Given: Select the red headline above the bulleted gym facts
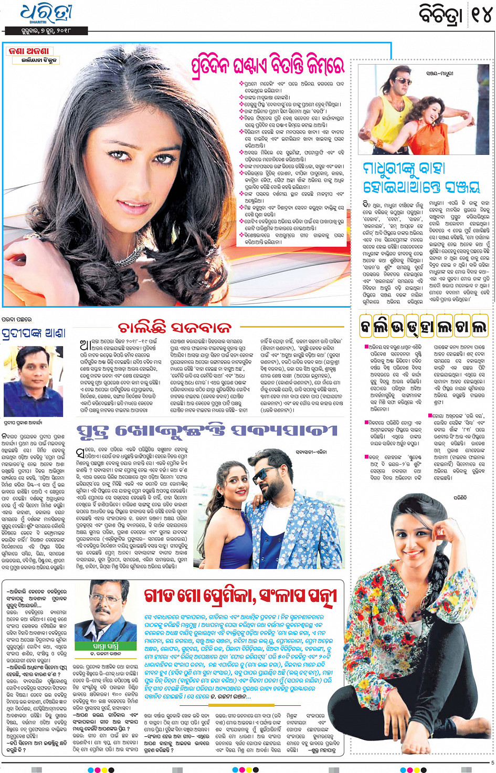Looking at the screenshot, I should tap(268, 65).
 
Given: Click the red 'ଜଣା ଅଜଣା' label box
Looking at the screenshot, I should tap(29, 51).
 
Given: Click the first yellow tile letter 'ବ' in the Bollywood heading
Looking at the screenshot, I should tap(366, 327).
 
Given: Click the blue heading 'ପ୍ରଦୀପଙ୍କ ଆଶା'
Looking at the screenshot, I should tap(34, 333).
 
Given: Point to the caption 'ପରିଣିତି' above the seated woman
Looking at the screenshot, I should tap(459, 497).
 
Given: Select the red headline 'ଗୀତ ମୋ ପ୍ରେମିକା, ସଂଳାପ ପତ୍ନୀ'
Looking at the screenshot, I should tap(241, 597).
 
